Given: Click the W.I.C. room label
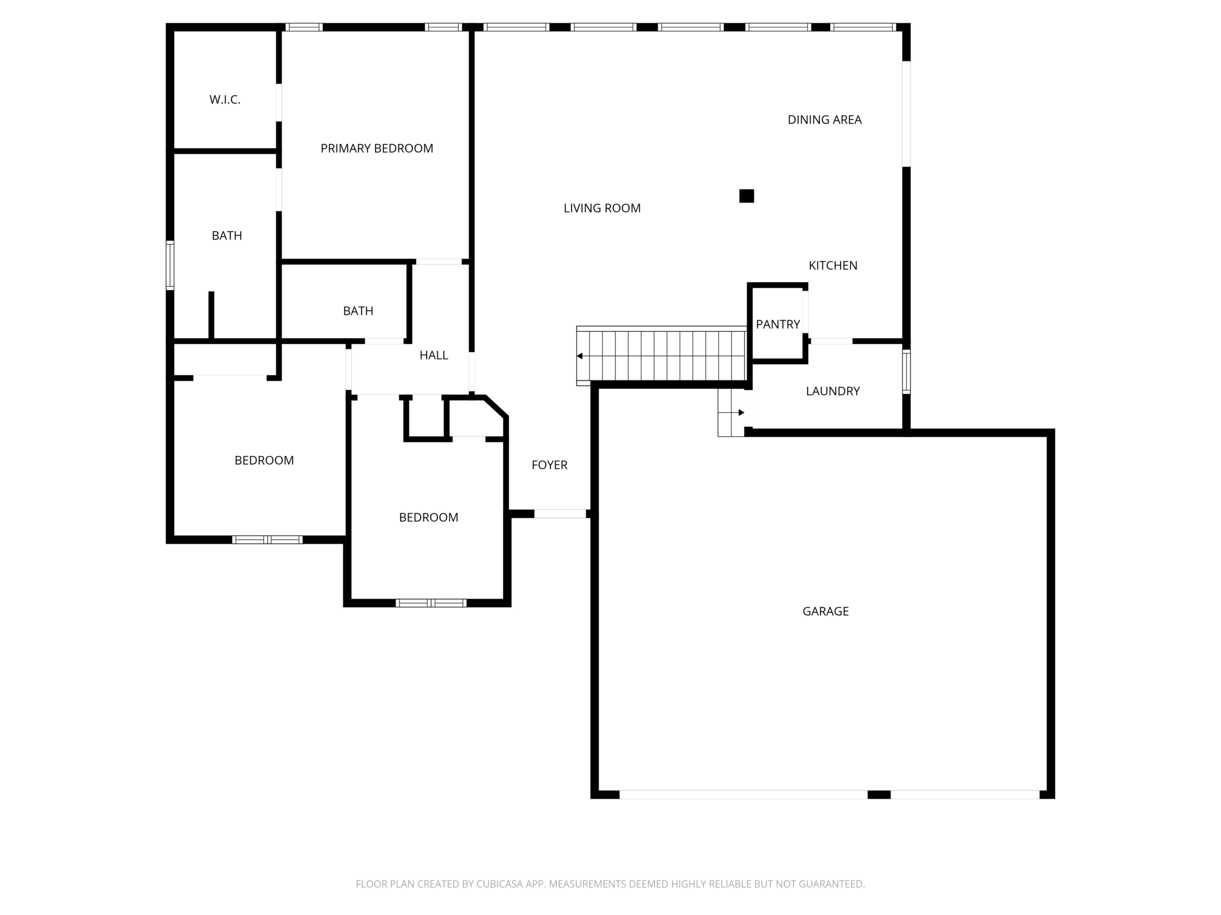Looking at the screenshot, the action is point(225,100).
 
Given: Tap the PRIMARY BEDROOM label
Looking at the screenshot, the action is point(377,149).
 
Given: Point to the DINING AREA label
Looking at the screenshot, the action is point(824,120).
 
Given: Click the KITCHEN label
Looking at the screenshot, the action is point(833,266).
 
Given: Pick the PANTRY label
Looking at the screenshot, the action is point(778,324).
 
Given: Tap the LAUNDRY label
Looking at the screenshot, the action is point(833,392).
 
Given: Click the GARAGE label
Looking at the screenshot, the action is point(825,611).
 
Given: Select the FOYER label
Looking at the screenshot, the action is point(549,465).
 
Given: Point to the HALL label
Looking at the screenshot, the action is point(433,355).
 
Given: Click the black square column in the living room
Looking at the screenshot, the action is point(746,196).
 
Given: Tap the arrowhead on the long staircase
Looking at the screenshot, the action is point(580,356).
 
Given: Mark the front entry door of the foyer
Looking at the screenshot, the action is point(560,514).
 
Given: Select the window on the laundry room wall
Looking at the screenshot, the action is point(906,372).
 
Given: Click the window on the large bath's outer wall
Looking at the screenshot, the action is point(170,265).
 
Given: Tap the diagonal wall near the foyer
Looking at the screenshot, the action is point(496,407).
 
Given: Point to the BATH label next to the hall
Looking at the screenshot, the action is point(358,311).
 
